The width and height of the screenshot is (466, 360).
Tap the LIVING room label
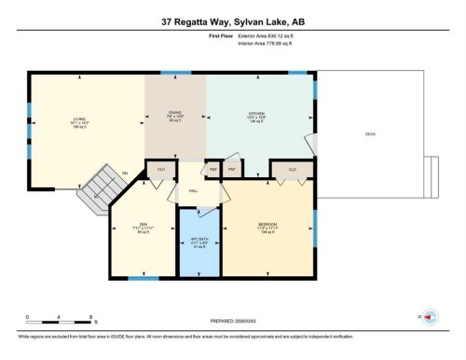(x=79, y=119)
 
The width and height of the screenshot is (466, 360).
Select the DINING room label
(x=174, y=114)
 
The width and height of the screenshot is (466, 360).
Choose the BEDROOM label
(x=268, y=225)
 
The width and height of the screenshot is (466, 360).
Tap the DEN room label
(x=142, y=225)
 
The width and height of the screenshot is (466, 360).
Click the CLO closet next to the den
(x=160, y=169)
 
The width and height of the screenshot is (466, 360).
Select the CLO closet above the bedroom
(x=292, y=169)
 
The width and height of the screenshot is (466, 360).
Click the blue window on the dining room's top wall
(x=174, y=73)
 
